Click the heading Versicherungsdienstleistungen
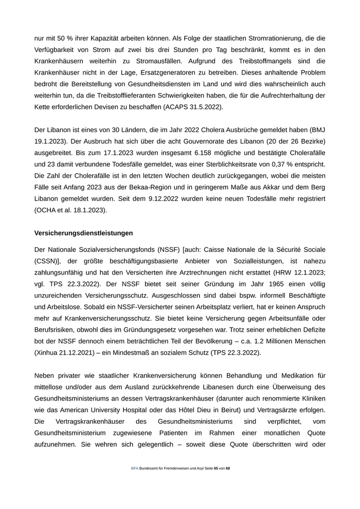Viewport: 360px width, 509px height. tap(83, 233)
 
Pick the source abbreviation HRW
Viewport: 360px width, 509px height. tap(283, 272)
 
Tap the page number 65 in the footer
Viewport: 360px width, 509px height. tap(216, 469)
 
